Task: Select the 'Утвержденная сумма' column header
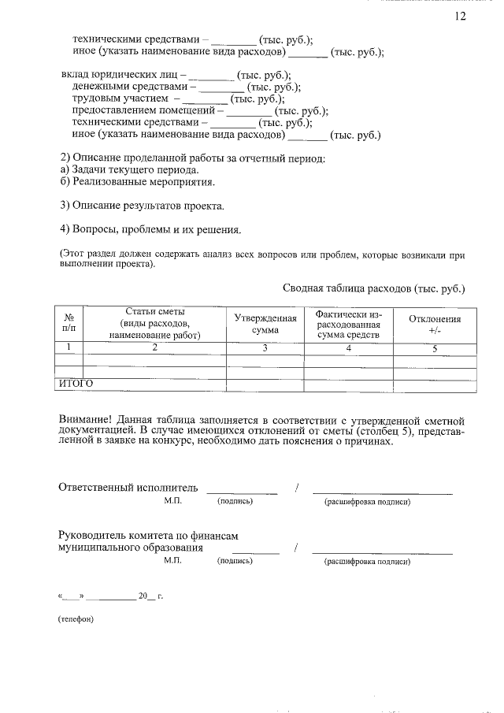click(265, 324)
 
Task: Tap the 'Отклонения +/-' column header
click(434, 324)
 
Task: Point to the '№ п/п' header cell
click(69, 323)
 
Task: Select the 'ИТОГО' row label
click(76, 384)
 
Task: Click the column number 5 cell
click(434, 347)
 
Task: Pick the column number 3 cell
click(265, 347)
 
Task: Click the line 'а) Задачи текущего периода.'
click(129, 170)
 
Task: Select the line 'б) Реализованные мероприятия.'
click(137, 182)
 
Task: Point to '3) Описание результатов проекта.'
click(142, 206)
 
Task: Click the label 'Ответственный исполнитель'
click(128, 487)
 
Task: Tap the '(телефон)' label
click(76, 618)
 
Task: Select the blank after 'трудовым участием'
click(206, 100)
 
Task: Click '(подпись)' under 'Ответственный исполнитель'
click(235, 501)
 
